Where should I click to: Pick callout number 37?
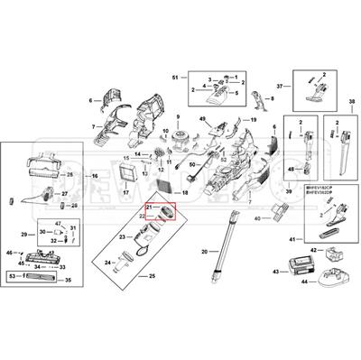coord(280,86)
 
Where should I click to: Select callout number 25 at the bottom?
coord(153,274)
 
